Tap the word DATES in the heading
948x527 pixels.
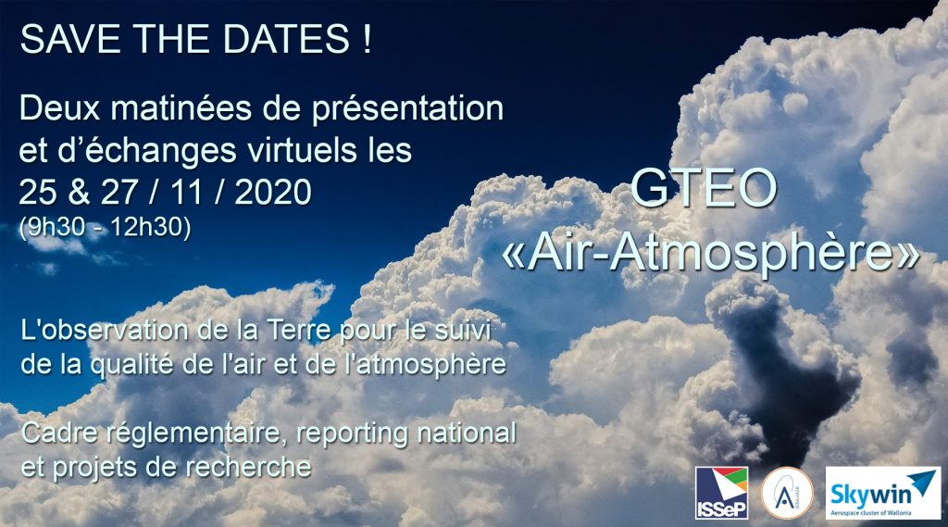pos(286,39)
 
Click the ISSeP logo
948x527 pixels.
pos(721,493)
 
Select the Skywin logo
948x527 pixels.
pos(883,493)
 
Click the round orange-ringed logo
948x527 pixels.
pos(787,493)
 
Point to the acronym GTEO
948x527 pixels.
pos(704,188)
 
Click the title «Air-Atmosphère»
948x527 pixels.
pos(711,253)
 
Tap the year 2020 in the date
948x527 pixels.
pos(273,193)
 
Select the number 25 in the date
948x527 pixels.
pos(38,193)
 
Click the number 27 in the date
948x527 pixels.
pos(119,193)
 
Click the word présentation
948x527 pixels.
pos(407,110)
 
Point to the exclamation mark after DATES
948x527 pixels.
pos(367,39)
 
